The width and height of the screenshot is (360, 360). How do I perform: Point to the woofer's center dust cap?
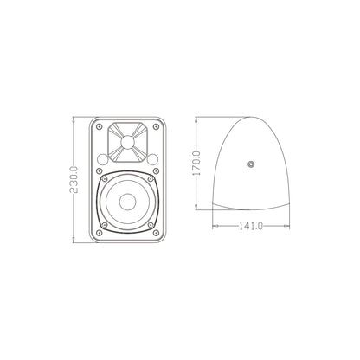point(128,202)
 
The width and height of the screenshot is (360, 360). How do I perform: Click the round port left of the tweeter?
point(103,159)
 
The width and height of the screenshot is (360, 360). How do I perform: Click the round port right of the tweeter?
point(153,159)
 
